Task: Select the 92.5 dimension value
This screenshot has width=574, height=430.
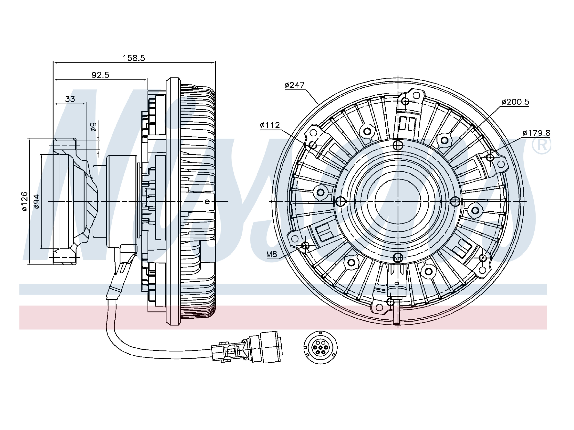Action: point(100,75)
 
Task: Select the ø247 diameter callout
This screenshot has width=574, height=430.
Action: point(294,85)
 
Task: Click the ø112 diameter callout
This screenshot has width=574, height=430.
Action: point(270,125)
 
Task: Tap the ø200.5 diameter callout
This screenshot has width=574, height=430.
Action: point(515,102)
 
